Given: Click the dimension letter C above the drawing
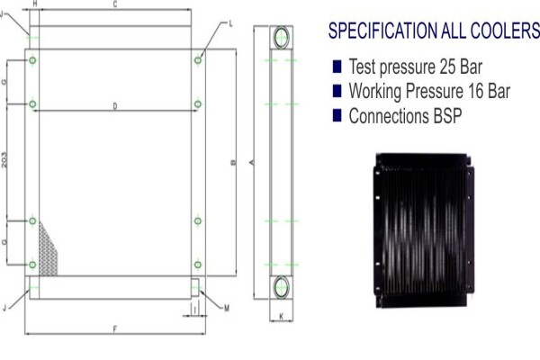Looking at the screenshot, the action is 115,4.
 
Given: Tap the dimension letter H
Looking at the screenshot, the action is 35,4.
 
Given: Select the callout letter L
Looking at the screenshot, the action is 230,23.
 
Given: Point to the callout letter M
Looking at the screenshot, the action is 226,309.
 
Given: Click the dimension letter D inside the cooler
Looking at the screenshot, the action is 115,106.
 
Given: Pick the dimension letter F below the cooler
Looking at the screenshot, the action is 115,329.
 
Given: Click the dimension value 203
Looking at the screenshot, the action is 4,160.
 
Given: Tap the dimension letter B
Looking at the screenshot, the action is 233,162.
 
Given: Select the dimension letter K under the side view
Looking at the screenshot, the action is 281,316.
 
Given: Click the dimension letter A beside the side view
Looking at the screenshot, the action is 252,162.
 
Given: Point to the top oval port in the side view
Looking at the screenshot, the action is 282,37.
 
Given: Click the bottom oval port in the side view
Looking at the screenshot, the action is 282,287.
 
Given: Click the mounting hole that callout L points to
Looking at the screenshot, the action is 198,60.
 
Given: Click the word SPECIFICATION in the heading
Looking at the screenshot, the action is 383,31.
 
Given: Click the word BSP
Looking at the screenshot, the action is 447,116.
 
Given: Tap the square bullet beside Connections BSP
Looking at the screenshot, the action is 337,115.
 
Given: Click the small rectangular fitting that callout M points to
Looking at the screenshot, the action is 195,287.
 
